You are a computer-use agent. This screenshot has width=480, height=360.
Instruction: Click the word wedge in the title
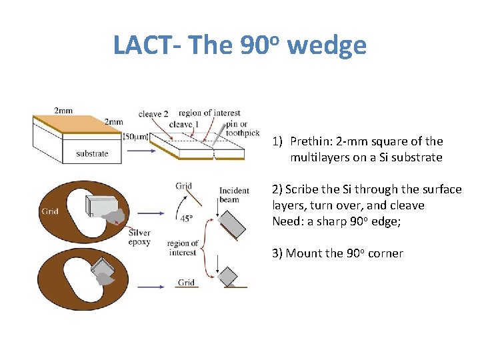pos(327,45)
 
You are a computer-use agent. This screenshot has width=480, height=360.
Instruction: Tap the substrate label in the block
pos(92,153)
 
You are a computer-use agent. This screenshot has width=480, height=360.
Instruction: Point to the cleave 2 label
pos(153,114)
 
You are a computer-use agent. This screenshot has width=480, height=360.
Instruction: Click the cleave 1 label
pos(184,125)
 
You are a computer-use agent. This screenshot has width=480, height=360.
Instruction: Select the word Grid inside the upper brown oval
pos(50,211)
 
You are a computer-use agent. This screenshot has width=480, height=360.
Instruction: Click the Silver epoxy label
pos(139,237)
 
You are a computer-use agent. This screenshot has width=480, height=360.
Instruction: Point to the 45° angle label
pos(187,217)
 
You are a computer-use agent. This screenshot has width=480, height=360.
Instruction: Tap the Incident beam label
pos(234,195)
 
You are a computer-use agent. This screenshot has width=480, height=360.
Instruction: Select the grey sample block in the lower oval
pos(102,267)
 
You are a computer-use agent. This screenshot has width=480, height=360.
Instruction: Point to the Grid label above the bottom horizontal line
pos(186,283)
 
